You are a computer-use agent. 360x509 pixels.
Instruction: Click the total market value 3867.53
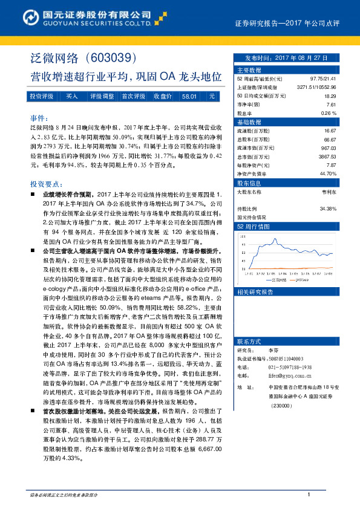(x=326, y=156)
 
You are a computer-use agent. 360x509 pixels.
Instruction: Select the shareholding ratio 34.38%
(x=327, y=208)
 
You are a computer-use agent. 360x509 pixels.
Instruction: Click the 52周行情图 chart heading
(x=254, y=225)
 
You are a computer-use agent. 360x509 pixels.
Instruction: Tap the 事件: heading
(x=38, y=117)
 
